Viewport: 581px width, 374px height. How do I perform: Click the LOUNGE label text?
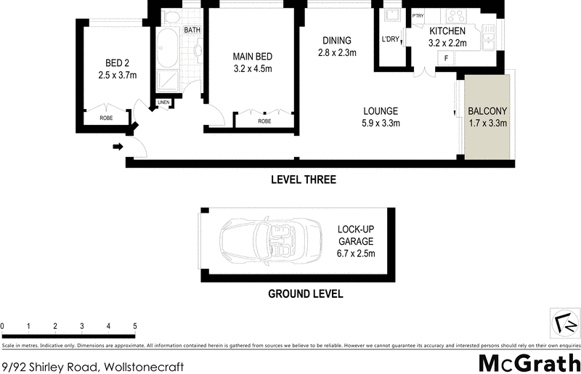(381, 111)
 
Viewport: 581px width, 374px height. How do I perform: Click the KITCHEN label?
(447, 32)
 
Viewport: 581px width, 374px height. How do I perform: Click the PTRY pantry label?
(418, 16)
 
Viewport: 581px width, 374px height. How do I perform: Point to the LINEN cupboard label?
(163, 102)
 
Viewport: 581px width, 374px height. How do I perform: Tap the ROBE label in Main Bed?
(264, 121)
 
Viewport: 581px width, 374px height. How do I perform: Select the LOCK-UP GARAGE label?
(355, 239)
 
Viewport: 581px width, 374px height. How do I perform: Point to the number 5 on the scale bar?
(135, 326)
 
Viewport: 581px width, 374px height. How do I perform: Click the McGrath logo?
(528, 362)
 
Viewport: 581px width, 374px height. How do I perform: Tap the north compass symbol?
(564, 322)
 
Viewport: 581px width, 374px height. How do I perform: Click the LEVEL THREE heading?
(303, 179)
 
